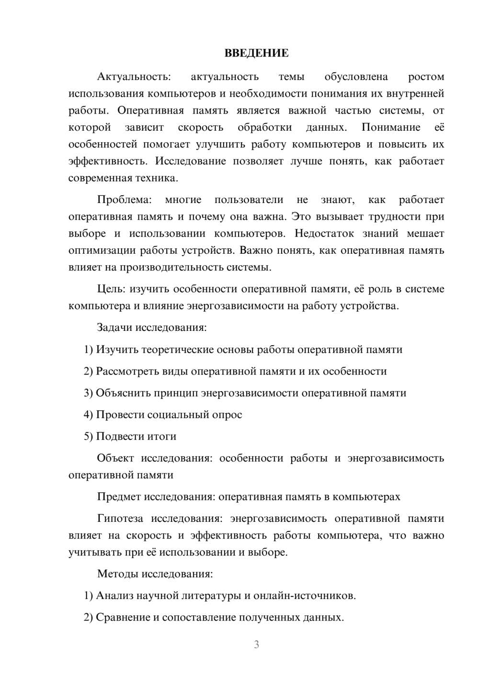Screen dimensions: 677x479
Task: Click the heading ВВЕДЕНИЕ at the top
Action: click(x=256, y=53)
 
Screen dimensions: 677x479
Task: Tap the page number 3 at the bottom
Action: click(x=256, y=644)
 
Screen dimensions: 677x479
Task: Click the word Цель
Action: click(x=111, y=289)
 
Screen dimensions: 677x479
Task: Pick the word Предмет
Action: click(x=118, y=496)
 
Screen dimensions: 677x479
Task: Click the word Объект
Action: click(x=115, y=458)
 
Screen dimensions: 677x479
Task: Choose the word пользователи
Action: click(x=249, y=200)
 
